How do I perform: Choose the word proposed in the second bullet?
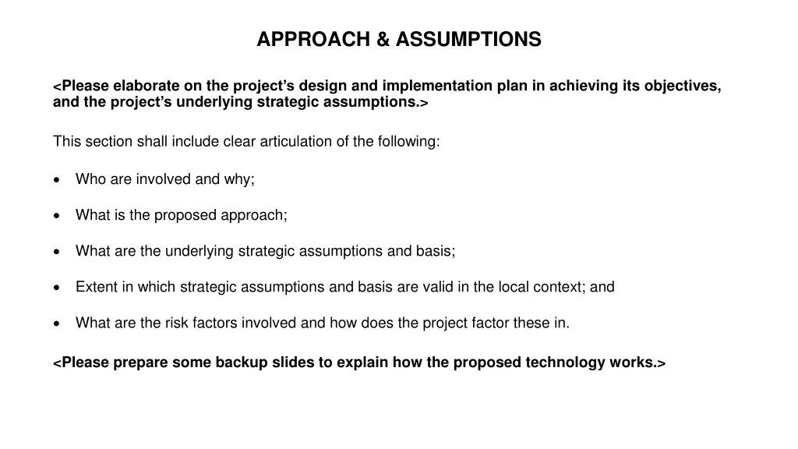pyautogui.click(x=185, y=216)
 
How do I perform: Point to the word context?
pyautogui.click(x=560, y=287)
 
